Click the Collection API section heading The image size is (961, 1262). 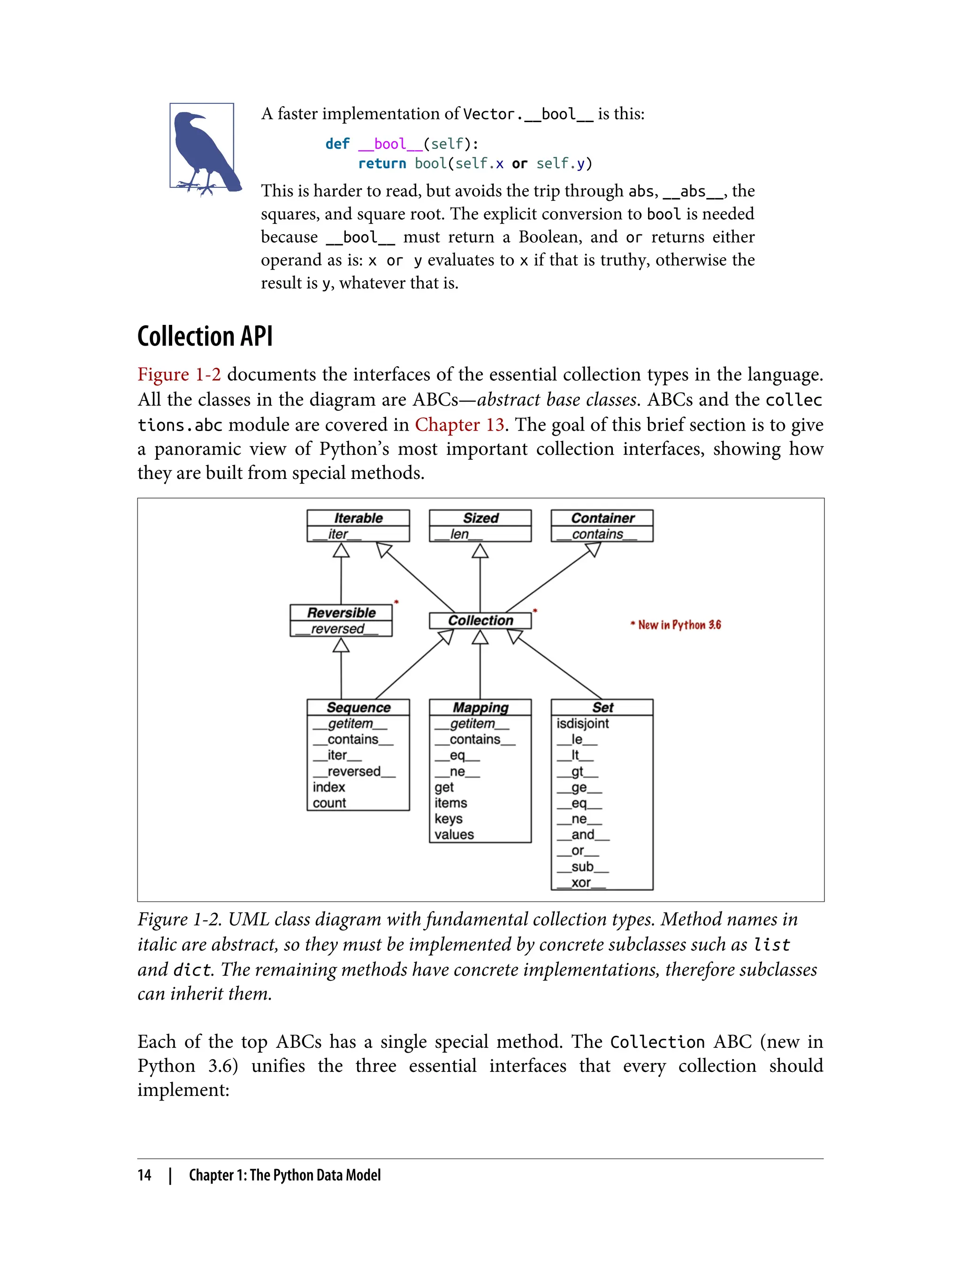[x=205, y=336]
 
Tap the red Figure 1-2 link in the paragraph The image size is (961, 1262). [x=179, y=374]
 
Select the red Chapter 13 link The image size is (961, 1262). [x=459, y=425]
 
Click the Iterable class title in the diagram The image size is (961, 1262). [x=358, y=518]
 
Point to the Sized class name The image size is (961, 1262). [x=480, y=518]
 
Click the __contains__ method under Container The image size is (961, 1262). [x=597, y=534]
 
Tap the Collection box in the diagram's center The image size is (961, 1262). [x=480, y=620]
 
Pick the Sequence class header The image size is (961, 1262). [x=358, y=708]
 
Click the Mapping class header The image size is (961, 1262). [x=480, y=708]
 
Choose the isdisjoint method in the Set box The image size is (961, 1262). [x=583, y=723]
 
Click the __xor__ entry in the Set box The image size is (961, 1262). [x=581, y=883]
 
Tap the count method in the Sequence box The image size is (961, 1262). [x=329, y=803]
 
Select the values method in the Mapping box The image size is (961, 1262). [x=454, y=834]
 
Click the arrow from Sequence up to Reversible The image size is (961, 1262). [x=342, y=669]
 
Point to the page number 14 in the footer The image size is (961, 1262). [x=144, y=1175]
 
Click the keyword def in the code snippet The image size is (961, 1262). [x=337, y=144]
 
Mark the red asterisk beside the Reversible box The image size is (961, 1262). [x=397, y=602]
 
